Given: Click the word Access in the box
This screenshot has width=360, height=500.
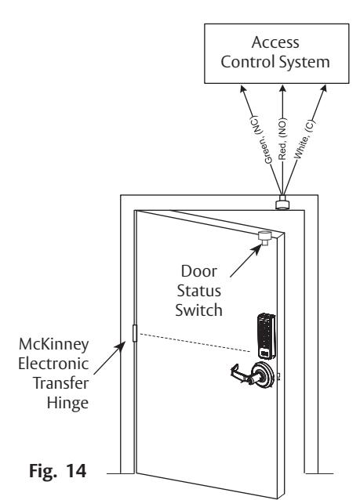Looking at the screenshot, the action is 275,42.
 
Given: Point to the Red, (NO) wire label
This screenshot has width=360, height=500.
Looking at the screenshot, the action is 282,139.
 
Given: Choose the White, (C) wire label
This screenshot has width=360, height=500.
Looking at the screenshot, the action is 304,139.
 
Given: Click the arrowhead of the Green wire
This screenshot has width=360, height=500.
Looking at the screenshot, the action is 243,89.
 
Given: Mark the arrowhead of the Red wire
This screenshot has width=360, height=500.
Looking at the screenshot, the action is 282,89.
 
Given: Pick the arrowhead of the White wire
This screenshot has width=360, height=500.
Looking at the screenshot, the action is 323,89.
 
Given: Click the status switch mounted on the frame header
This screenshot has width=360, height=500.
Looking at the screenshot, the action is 282,203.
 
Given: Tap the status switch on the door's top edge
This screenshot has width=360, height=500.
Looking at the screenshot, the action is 264,238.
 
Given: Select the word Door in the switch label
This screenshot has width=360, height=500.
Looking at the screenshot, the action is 199,271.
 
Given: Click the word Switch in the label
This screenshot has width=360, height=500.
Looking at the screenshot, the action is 198,310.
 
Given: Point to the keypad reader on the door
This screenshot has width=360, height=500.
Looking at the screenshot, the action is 266,336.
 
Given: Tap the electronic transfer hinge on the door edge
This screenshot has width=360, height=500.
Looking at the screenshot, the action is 135,333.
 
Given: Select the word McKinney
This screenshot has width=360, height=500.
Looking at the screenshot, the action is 53,344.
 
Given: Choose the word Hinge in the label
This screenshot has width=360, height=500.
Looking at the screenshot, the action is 67,404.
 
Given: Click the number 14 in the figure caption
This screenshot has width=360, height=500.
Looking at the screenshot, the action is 76,470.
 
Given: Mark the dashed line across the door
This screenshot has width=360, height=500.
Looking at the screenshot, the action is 195,342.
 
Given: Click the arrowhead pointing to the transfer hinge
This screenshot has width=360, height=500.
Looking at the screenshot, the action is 122,346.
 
